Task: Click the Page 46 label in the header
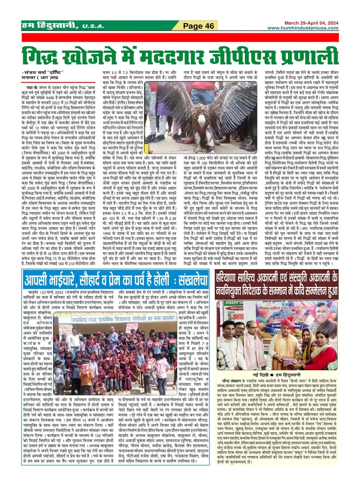click(x=199, y=26)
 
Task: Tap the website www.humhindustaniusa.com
click(x=303, y=28)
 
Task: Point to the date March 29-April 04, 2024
click(x=311, y=23)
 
